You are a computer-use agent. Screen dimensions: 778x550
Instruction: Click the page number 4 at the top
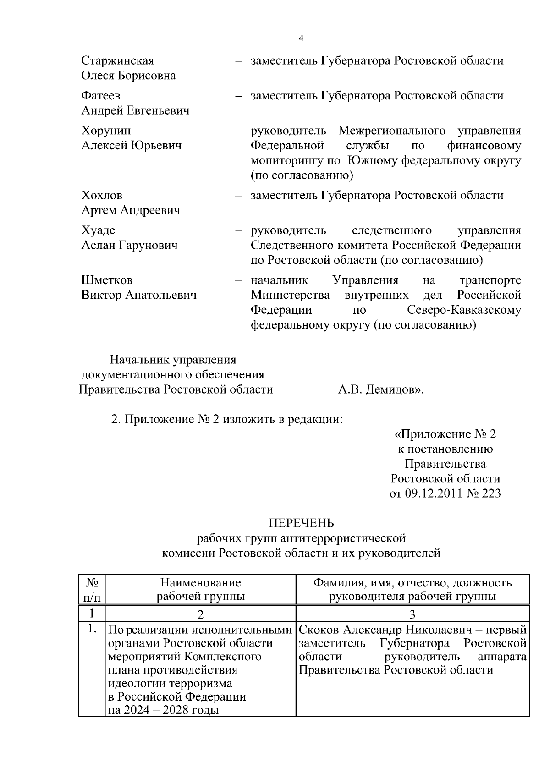[301, 38]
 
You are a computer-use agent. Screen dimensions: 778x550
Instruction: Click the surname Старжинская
[117, 60]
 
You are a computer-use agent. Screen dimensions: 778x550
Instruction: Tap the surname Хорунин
[106, 131]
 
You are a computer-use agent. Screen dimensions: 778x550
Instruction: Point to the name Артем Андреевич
[131, 210]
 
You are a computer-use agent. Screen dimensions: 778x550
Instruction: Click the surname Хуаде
[98, 230]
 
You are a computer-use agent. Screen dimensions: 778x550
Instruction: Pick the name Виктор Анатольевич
[139, 295]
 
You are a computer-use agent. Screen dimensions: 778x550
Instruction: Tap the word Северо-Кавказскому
[464, 310]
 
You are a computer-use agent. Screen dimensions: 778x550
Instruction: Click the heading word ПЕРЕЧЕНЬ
[301, 523]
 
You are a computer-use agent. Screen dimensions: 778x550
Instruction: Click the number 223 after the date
[491, 493]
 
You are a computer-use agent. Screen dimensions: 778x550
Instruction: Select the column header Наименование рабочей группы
[200, 589]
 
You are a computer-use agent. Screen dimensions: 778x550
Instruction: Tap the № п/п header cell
[92, 589]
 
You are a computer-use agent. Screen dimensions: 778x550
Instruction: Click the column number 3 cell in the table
[412, 614]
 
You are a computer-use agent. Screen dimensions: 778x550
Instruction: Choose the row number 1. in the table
[92, 630]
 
